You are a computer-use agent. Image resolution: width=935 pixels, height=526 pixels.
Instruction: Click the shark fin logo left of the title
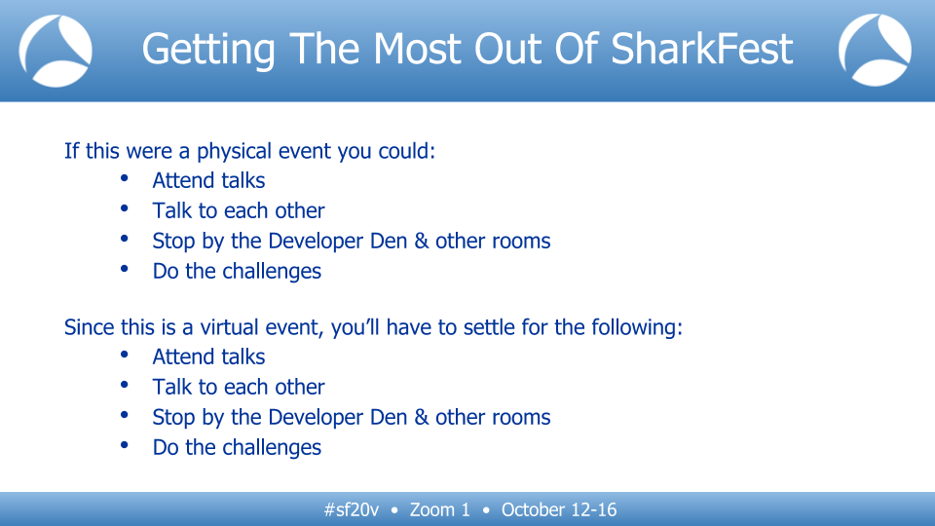pyautogui.click(x=55, y=51)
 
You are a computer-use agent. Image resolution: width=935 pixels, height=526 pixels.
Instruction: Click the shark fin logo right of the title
pyautogui.click(x=875, y=51)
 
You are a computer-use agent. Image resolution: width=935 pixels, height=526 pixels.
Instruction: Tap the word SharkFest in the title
pyautogui.click(x=702, y=49)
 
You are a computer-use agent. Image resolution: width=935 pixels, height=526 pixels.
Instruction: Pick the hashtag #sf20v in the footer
pyautogui.click(x=352, y=509)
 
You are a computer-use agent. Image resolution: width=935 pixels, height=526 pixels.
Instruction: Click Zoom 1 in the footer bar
pyautogui.click(x=439, y=509)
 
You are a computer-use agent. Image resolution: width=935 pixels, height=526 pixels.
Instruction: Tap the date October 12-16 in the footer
pyautogui.click(x=559, y=509)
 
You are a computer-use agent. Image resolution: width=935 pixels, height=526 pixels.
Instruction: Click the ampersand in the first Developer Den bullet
pyautogui.click(x=422, y=241)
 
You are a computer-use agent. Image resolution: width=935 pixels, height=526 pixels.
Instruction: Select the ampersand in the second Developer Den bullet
pyautogui.click(x=422, y=417)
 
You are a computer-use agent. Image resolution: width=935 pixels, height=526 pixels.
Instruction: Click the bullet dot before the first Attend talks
pyautogui.click(x=124, y=178)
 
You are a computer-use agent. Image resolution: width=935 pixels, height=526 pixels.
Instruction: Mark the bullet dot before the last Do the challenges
pyautogui.click(x=124, y=445)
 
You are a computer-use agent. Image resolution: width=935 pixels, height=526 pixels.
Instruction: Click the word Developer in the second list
pyautogui.click(x=316, y=418)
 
